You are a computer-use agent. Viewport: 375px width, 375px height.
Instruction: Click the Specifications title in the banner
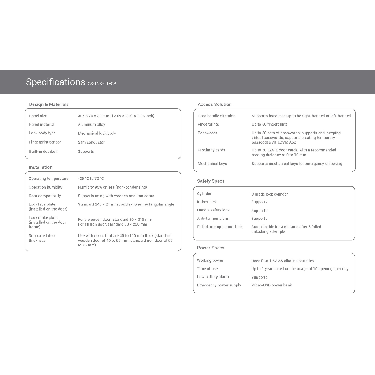click(x=55, y=82)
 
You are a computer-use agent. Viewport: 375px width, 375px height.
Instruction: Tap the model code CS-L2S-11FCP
click(x=102, y=83)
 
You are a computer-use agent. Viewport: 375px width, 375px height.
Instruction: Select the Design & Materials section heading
click(x=49, y=104)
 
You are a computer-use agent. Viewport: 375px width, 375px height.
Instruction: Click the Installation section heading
click(x=41, y=167)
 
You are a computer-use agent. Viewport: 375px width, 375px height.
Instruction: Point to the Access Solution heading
click(x=215, y=104)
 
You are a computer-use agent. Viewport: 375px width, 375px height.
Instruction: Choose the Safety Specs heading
click(x=211, y=181)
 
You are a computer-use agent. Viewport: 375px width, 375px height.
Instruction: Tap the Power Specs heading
click(x=211, y=248)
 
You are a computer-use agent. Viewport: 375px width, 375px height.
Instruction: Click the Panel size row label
click(x=38, y=116)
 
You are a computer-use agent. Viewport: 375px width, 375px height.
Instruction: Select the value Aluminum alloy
click(x=92, y=125)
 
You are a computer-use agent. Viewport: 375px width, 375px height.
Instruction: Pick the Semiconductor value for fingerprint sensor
click(x=91, y=142)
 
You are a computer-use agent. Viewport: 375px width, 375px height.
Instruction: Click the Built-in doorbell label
click(x=43, y=151)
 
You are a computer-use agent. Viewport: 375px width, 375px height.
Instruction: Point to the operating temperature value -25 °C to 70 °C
click(x=91, y=179)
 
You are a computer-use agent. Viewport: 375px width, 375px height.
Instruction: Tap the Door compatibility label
click(x=45, y=196)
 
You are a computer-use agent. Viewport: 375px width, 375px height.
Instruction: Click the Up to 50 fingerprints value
click(x=270, y=125)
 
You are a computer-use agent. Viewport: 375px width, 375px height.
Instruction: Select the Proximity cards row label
click(x=211, y=150)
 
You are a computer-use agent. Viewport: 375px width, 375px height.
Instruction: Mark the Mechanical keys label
click(x=212, y=164)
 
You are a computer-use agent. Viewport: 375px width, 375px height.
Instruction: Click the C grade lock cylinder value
click(x=270, y=194)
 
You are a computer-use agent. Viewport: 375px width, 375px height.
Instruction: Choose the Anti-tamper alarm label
click(x=213, y=219)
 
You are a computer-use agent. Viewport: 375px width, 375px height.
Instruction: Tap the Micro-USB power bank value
click(x=271, y=285)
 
